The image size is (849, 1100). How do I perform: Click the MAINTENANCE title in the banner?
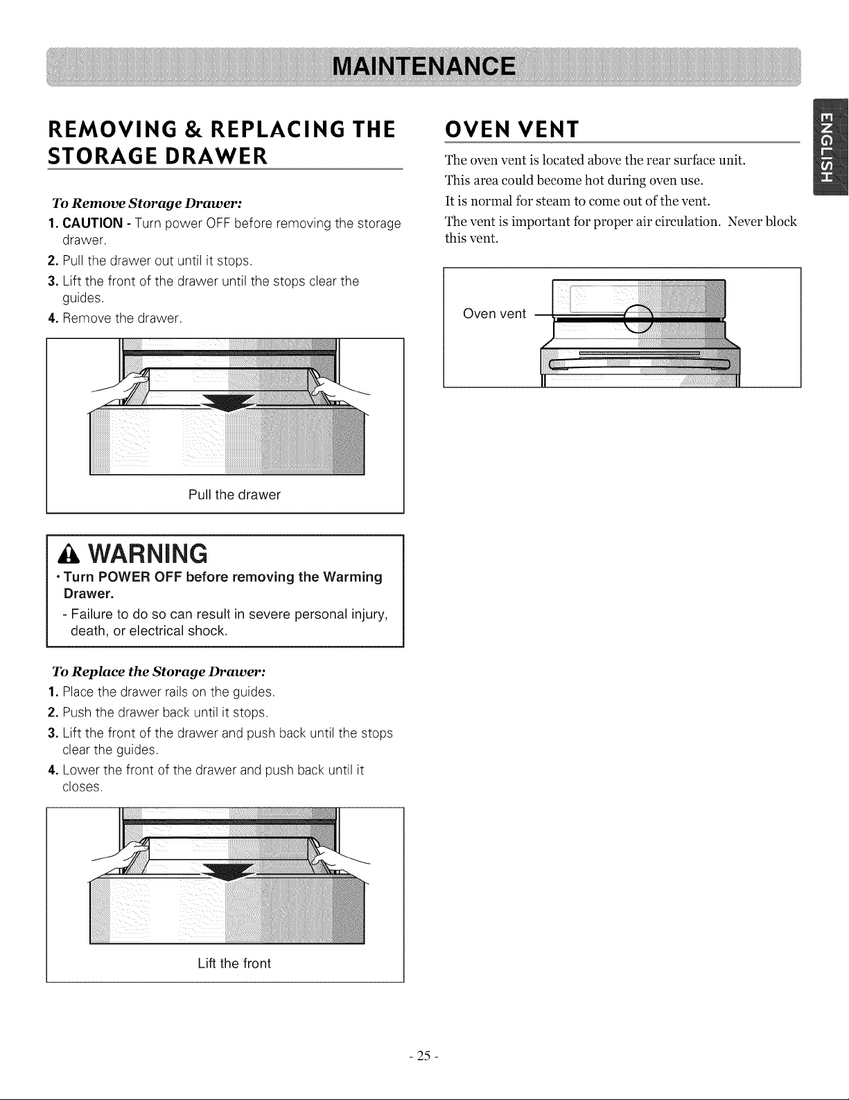tap(424, 67)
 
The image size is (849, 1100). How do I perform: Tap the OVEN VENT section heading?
tap(511, 130)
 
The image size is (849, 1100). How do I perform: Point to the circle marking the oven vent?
tap(638, 319)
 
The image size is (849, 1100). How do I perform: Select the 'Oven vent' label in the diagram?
tap(494, 314)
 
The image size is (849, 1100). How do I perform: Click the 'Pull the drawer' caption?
tap(234, 495)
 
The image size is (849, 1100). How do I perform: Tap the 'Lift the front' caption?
tap(234, 963)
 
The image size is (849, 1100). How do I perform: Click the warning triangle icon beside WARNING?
tap(69, 555)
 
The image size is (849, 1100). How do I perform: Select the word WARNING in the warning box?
tap(148, 554)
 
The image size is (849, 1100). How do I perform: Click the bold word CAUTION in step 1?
tap(93, 223)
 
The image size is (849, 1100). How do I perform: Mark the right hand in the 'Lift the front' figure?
tap(339, 857)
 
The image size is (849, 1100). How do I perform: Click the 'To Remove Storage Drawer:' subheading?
tap(147, 204)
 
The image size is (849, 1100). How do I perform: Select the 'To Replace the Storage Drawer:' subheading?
tap(159, 672)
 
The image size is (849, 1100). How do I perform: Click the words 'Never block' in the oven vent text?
tap(762, 222)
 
